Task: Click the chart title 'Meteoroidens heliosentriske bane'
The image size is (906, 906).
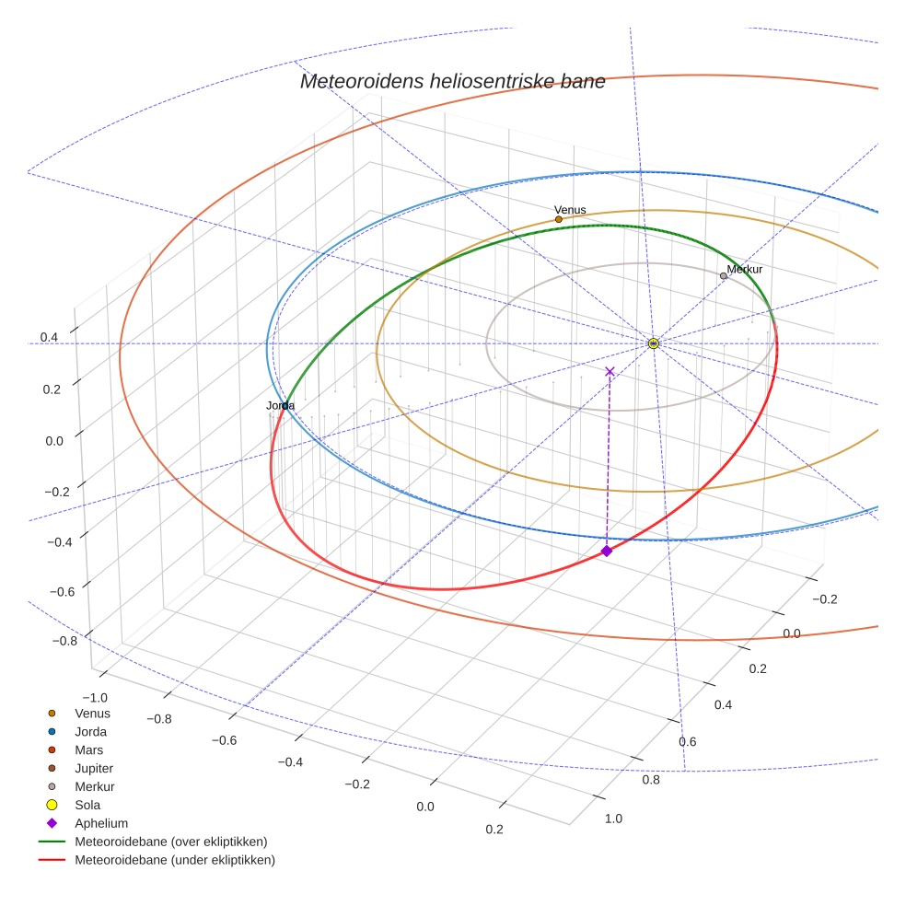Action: click(452, 81)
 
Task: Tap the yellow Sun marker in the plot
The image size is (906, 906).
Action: click(654, 343)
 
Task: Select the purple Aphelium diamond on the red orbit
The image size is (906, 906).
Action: click(606, 552)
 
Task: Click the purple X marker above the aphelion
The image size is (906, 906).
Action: click(610, 372)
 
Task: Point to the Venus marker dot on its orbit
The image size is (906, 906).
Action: click(559, 219)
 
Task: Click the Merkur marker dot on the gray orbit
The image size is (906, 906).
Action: click(724, 276)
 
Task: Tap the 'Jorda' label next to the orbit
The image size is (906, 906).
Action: click(280, 406)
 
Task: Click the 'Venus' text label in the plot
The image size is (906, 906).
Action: click(570, 210)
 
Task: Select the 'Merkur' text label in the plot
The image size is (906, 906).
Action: click(745, 269)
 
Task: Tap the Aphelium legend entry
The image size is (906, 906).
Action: click(87, 823)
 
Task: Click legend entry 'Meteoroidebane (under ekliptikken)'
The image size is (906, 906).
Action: click(157, 860)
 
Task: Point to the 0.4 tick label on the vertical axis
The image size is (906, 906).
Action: click(49, 337)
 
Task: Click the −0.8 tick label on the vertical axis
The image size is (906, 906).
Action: click(64, 641)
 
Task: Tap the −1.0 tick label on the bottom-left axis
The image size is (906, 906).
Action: click(95, 698)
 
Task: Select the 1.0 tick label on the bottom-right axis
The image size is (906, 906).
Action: click(613, 819)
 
